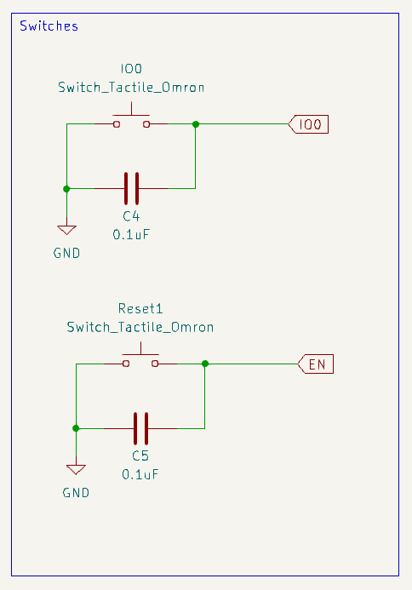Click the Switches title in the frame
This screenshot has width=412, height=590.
(x=49, y=26)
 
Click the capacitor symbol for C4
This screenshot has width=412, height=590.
(x=131, y=187)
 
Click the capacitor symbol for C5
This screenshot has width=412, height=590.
(x=140, y=427)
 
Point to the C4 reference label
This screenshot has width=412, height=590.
(x=131, y=216)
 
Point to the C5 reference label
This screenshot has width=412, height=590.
(x=140, y=456)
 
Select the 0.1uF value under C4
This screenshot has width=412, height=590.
(x=131, y=233)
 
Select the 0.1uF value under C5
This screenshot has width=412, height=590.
(x=140, y=473)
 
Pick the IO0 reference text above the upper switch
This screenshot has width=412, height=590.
(x=131, y=70)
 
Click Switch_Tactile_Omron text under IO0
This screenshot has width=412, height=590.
(x=131, y=87)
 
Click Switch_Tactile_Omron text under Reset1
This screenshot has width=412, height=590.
(x=140, y=327)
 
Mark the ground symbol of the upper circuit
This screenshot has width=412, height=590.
(x=66, y=229)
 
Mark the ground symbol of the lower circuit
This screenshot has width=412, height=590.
(x=76, y=469)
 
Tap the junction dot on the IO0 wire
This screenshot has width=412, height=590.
(x=196, y=124)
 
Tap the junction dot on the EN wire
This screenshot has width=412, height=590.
(x=205, y=364)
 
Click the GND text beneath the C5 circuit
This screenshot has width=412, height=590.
(x=76, y=492)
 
